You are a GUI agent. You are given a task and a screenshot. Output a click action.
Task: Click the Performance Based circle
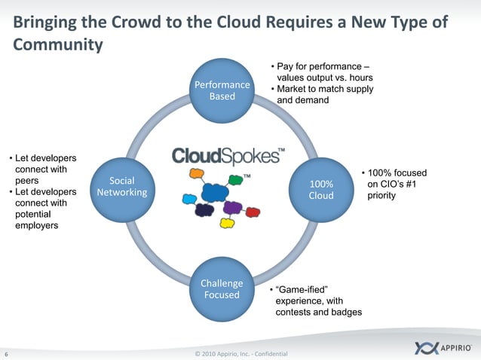222,91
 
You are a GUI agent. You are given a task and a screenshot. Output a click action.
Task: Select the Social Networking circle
122,188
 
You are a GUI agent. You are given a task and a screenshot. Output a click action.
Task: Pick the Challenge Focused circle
222,288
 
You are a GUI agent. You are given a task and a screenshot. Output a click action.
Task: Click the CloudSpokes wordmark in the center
227,155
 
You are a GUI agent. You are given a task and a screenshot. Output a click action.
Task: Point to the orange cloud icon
198,175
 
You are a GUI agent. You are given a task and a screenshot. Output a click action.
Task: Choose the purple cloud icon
233,206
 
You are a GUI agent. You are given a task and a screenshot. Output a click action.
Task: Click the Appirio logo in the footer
445,348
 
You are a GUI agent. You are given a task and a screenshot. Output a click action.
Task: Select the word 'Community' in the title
58,45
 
